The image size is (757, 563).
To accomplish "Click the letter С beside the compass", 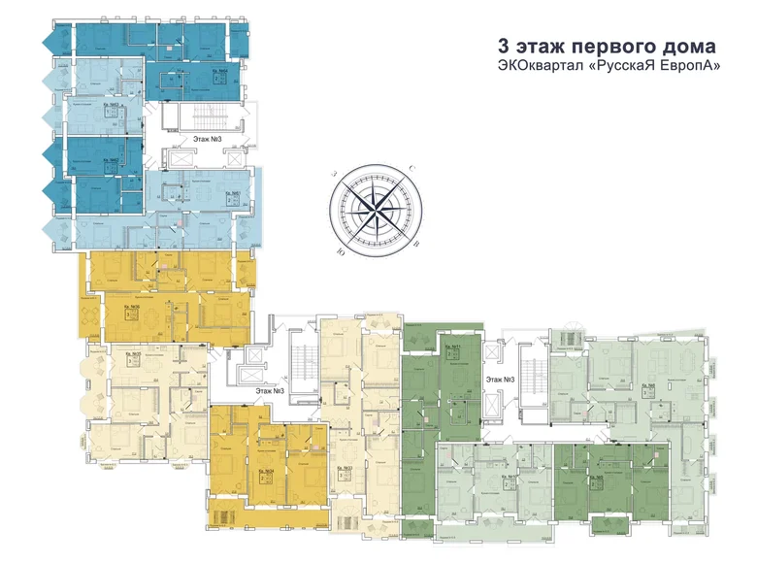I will [x=411, y=169].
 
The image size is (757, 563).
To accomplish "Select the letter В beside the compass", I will [x=416, y=246].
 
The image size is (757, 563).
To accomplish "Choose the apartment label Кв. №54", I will [x=269, y=469].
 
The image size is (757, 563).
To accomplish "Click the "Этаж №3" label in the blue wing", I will [x=208, y=139].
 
